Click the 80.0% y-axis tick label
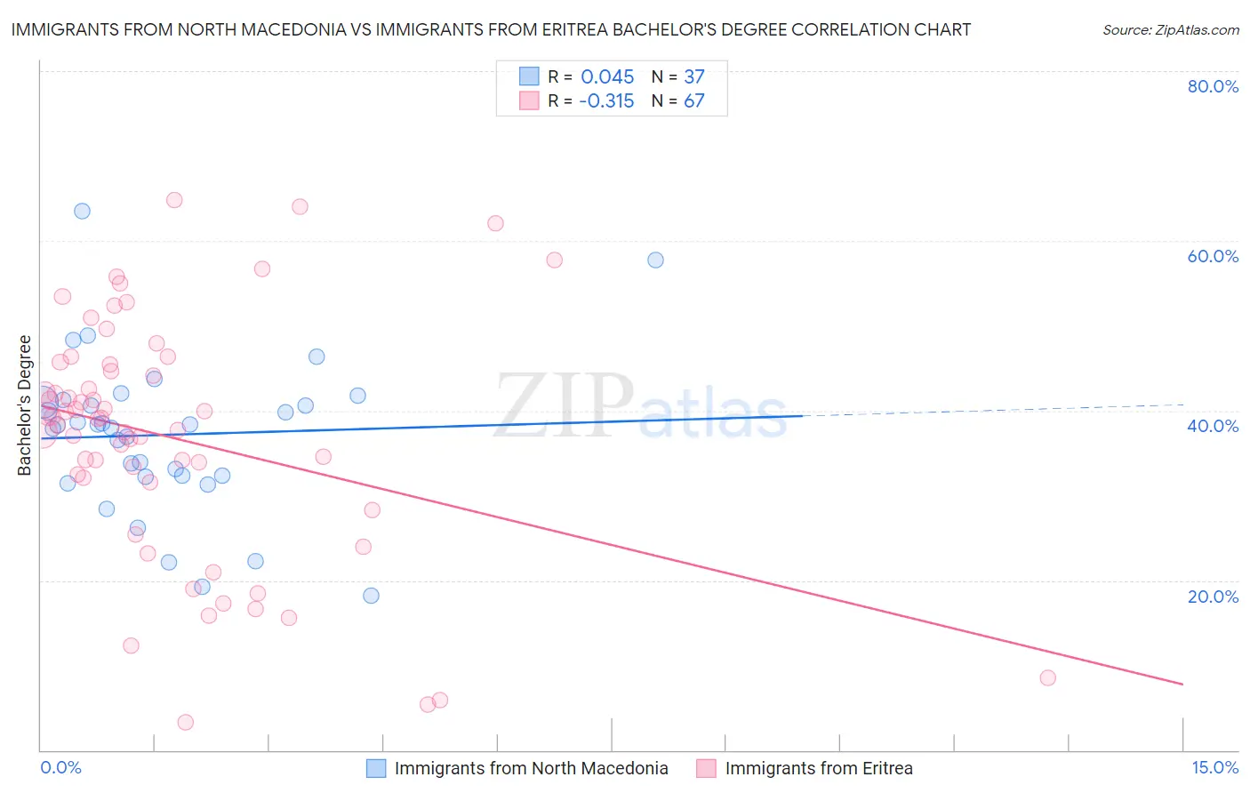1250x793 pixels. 1213,86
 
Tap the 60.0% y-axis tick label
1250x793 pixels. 1213,256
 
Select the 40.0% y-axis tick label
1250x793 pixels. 1213,426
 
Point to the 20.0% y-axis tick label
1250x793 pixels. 1213,597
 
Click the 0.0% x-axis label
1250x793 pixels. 60,767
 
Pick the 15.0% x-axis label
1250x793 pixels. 1214,767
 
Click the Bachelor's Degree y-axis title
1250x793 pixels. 25,405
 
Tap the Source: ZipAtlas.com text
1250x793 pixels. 1170,30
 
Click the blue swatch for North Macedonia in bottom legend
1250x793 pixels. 376,768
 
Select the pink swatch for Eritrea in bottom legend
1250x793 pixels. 707,768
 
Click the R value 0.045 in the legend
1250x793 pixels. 607,76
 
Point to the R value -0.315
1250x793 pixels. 606,101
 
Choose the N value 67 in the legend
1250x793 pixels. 693,101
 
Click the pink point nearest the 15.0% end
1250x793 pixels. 1047,677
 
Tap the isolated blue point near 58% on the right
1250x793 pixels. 655,260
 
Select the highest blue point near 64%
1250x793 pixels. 82,211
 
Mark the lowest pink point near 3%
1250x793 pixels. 185,722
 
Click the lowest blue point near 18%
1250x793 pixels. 371,596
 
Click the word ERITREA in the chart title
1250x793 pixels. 645,29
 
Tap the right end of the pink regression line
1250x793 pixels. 1182,684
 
